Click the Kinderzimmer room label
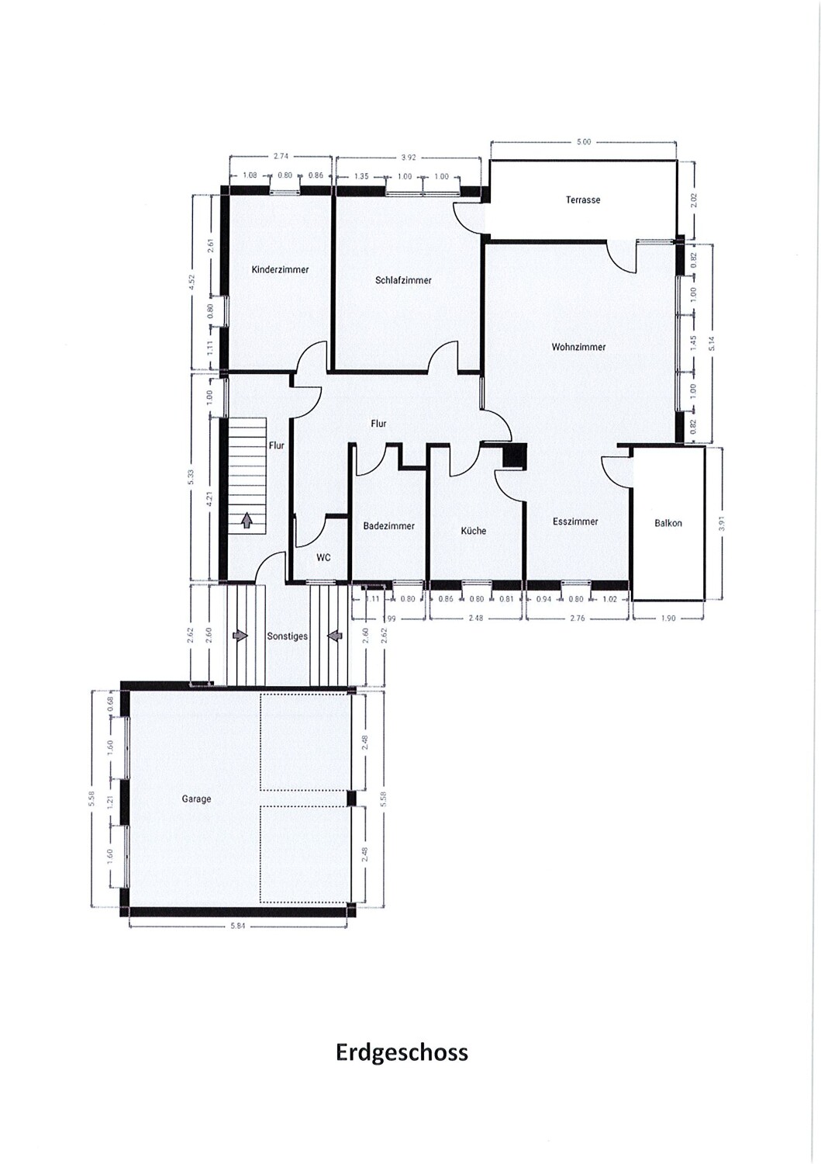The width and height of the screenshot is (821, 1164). pyautogui.click(x=280, y=270)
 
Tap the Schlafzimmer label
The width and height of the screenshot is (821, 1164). pyautogui.click(x=403, y=281)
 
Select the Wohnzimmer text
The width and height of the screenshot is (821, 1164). pyautogui.click(x=578, y=347)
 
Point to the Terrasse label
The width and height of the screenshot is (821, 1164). pyautogui.click(x=583, y=199)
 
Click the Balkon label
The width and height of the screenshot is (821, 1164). pyautogui.click(x=667, y=523)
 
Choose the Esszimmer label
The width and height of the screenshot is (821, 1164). pyautogui.click(x=575, y=521)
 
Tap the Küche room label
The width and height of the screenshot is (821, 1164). pyautogui.click(x=474, y=531)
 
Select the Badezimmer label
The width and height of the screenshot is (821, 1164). pyautogui.click(x=389, y=526)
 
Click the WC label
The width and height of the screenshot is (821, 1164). pyautogui.click(x=323, y=558)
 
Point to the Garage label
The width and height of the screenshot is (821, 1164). pyautogui.click(x=196, y=799)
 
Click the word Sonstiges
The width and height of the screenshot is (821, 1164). pyautogui.click(x=287, y=636)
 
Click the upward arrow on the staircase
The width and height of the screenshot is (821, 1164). pyautogui.click(x=247, y=520)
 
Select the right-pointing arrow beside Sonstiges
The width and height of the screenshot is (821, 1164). pyautogui.click(x=240, y=636)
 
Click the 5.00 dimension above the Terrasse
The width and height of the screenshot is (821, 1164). pyautogui.click(x=584, y=142)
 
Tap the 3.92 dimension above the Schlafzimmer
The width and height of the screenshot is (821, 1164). pyautogui.click(x=409, y=158)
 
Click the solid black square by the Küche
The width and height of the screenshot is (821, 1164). pyautogui.click(x=515, y=456)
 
